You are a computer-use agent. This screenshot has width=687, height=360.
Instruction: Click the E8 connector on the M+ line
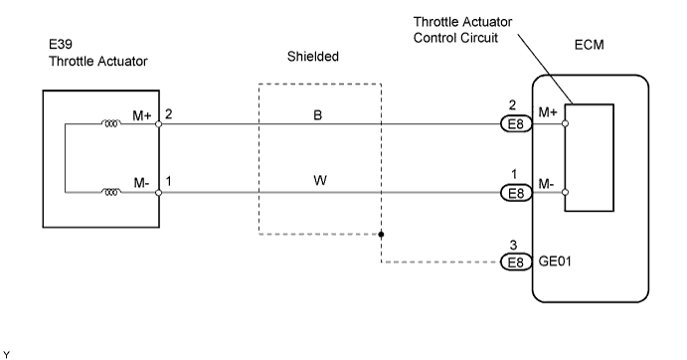[x=516, y=124]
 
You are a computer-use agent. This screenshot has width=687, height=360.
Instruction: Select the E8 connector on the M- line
[x=516, y=193]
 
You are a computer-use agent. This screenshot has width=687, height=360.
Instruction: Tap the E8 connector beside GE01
[x=516, y=263]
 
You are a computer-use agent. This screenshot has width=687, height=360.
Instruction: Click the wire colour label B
[x=317, y=115]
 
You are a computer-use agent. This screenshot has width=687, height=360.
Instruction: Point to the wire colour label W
[x=320, y=180]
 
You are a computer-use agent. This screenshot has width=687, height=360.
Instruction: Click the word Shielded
[x=313, y=56]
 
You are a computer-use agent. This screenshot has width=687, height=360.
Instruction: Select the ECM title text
[x=589, y=45]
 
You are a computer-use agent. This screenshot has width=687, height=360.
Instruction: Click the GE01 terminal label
[x=555, y=262]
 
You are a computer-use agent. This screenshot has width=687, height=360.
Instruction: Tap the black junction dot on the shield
[x=381, y=234]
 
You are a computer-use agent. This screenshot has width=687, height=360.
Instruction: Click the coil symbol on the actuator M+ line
[x=111, y=124]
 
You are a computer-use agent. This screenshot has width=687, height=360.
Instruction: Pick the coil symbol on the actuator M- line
[x=111, y=192]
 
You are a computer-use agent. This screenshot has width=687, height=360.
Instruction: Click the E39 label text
[x=61, y=45]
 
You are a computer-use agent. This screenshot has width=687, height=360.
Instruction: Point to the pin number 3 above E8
[x=513, y=245]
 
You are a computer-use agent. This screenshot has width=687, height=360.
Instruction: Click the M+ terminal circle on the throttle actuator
[x=159, y=124]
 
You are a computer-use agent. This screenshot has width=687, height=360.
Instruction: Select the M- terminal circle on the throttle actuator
[x=159, y=193]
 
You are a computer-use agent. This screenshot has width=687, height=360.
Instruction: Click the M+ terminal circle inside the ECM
[x=565, y=123]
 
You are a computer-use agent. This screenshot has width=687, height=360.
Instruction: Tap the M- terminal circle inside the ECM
[x=565, y=192]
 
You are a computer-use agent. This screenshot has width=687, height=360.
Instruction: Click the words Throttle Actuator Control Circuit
[x=462, y=30]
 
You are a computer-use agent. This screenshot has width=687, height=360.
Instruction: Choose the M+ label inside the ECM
[x=548, y=112]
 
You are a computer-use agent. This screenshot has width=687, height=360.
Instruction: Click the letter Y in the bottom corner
[x=6, y=355]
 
